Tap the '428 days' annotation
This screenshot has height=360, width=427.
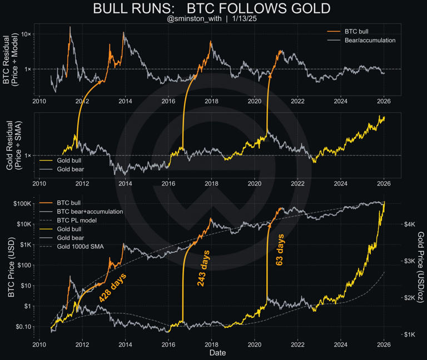click(x=112, y=288)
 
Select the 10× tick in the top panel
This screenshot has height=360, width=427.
click(x=25, y=34)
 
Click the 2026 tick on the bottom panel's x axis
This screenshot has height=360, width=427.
click(x=384, y=344)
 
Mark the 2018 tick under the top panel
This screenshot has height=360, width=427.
click(x=211, y=102)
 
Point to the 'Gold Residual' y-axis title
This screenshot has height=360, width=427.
click(x=10, y=144)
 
